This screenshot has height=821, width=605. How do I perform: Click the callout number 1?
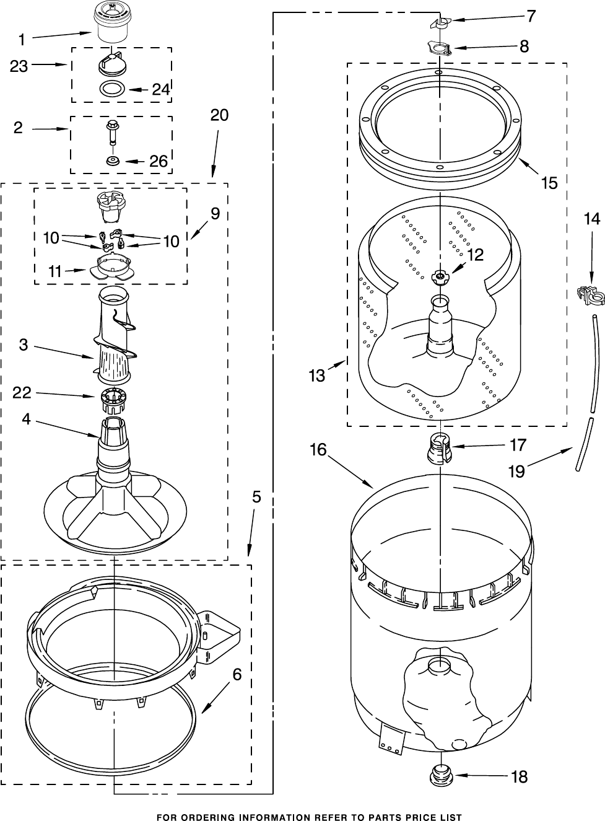[22, 40]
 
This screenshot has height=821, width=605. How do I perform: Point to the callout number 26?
[159, 161]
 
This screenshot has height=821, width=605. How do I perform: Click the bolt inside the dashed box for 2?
[113, 131]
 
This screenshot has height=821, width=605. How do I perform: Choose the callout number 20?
[219, 115]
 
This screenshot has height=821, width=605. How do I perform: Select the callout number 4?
[25, 419]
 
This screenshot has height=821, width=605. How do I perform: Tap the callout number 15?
[549, 183]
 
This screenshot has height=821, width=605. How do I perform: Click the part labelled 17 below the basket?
[438, 449]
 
